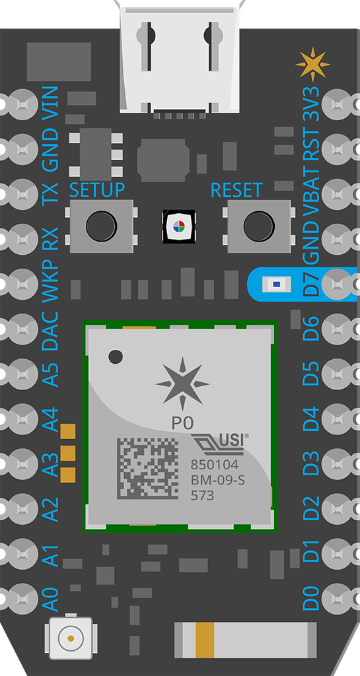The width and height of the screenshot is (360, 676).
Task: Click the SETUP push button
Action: point(101,226)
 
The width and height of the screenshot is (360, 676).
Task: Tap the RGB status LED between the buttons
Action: point(178,226)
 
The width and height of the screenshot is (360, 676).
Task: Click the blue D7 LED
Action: point(276,284)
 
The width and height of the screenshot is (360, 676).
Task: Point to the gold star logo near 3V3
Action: point(312,65)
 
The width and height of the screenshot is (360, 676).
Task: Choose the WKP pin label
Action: point(50,281)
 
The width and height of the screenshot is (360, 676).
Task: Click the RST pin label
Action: point(311,147)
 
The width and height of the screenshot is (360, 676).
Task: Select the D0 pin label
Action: point(311,597)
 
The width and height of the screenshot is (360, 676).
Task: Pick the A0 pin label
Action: point(50,599)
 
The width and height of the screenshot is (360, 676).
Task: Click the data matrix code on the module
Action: point(147,469)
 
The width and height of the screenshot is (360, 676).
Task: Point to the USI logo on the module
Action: point(220,444)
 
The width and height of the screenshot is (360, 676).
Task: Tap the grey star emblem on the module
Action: point(182,384)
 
